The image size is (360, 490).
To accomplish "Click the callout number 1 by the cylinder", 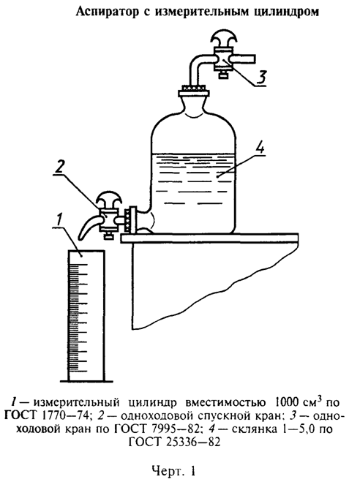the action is coord(60,219).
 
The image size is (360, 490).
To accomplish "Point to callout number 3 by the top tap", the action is coord(261,78).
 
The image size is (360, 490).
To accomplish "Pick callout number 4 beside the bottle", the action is coord(259,147).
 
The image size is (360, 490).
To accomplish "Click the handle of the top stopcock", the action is coord(222,41).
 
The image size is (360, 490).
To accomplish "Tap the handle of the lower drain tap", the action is coord(108,200).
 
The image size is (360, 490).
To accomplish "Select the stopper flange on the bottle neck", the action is coord(193,93).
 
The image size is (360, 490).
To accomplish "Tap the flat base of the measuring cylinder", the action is coord(86,381).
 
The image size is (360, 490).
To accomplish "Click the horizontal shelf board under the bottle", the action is coord(209,238).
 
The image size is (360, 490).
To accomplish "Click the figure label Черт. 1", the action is coord(174,471).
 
